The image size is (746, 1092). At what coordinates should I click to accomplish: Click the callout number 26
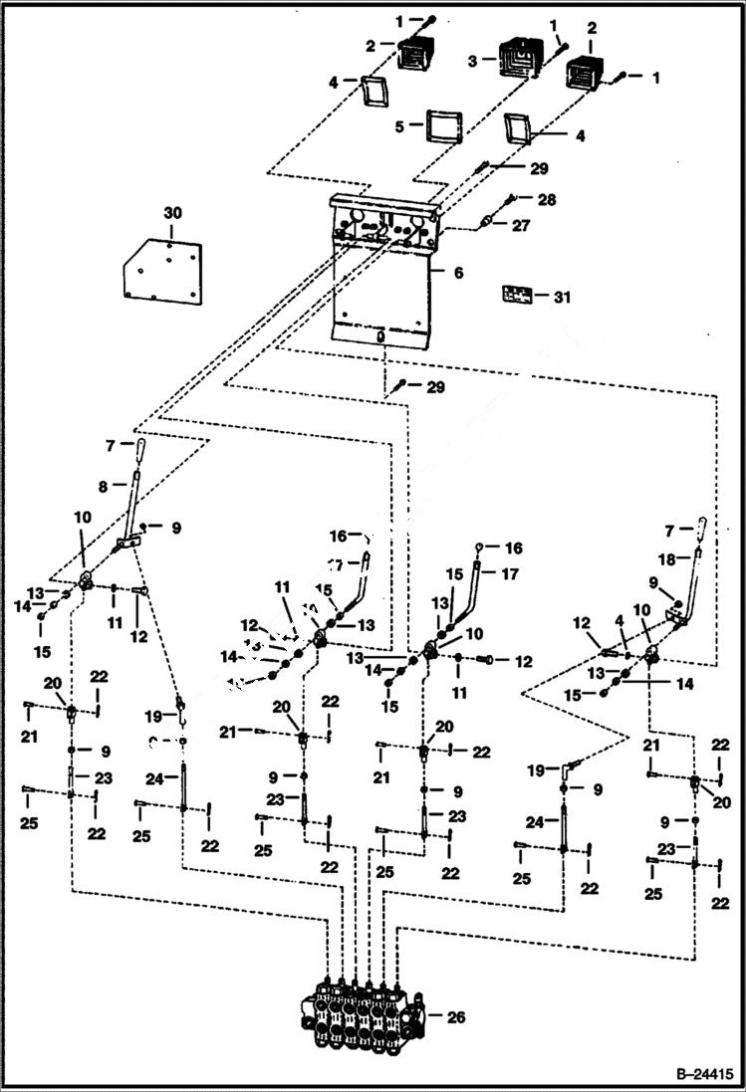[x=457, y=1017]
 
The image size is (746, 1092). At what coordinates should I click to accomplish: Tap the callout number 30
[x=173, y=213]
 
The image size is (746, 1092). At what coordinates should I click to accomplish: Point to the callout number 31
[x=562, y=296]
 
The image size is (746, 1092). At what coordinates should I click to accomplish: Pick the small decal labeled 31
[x=515, y=295]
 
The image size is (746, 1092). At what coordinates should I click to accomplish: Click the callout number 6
[x=458, y=271]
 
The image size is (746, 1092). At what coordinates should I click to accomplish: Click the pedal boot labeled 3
[x=517, y=58]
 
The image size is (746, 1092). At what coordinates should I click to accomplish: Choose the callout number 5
[x=398, y=126]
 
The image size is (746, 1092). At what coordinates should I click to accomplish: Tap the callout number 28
[x=546, y=200]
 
